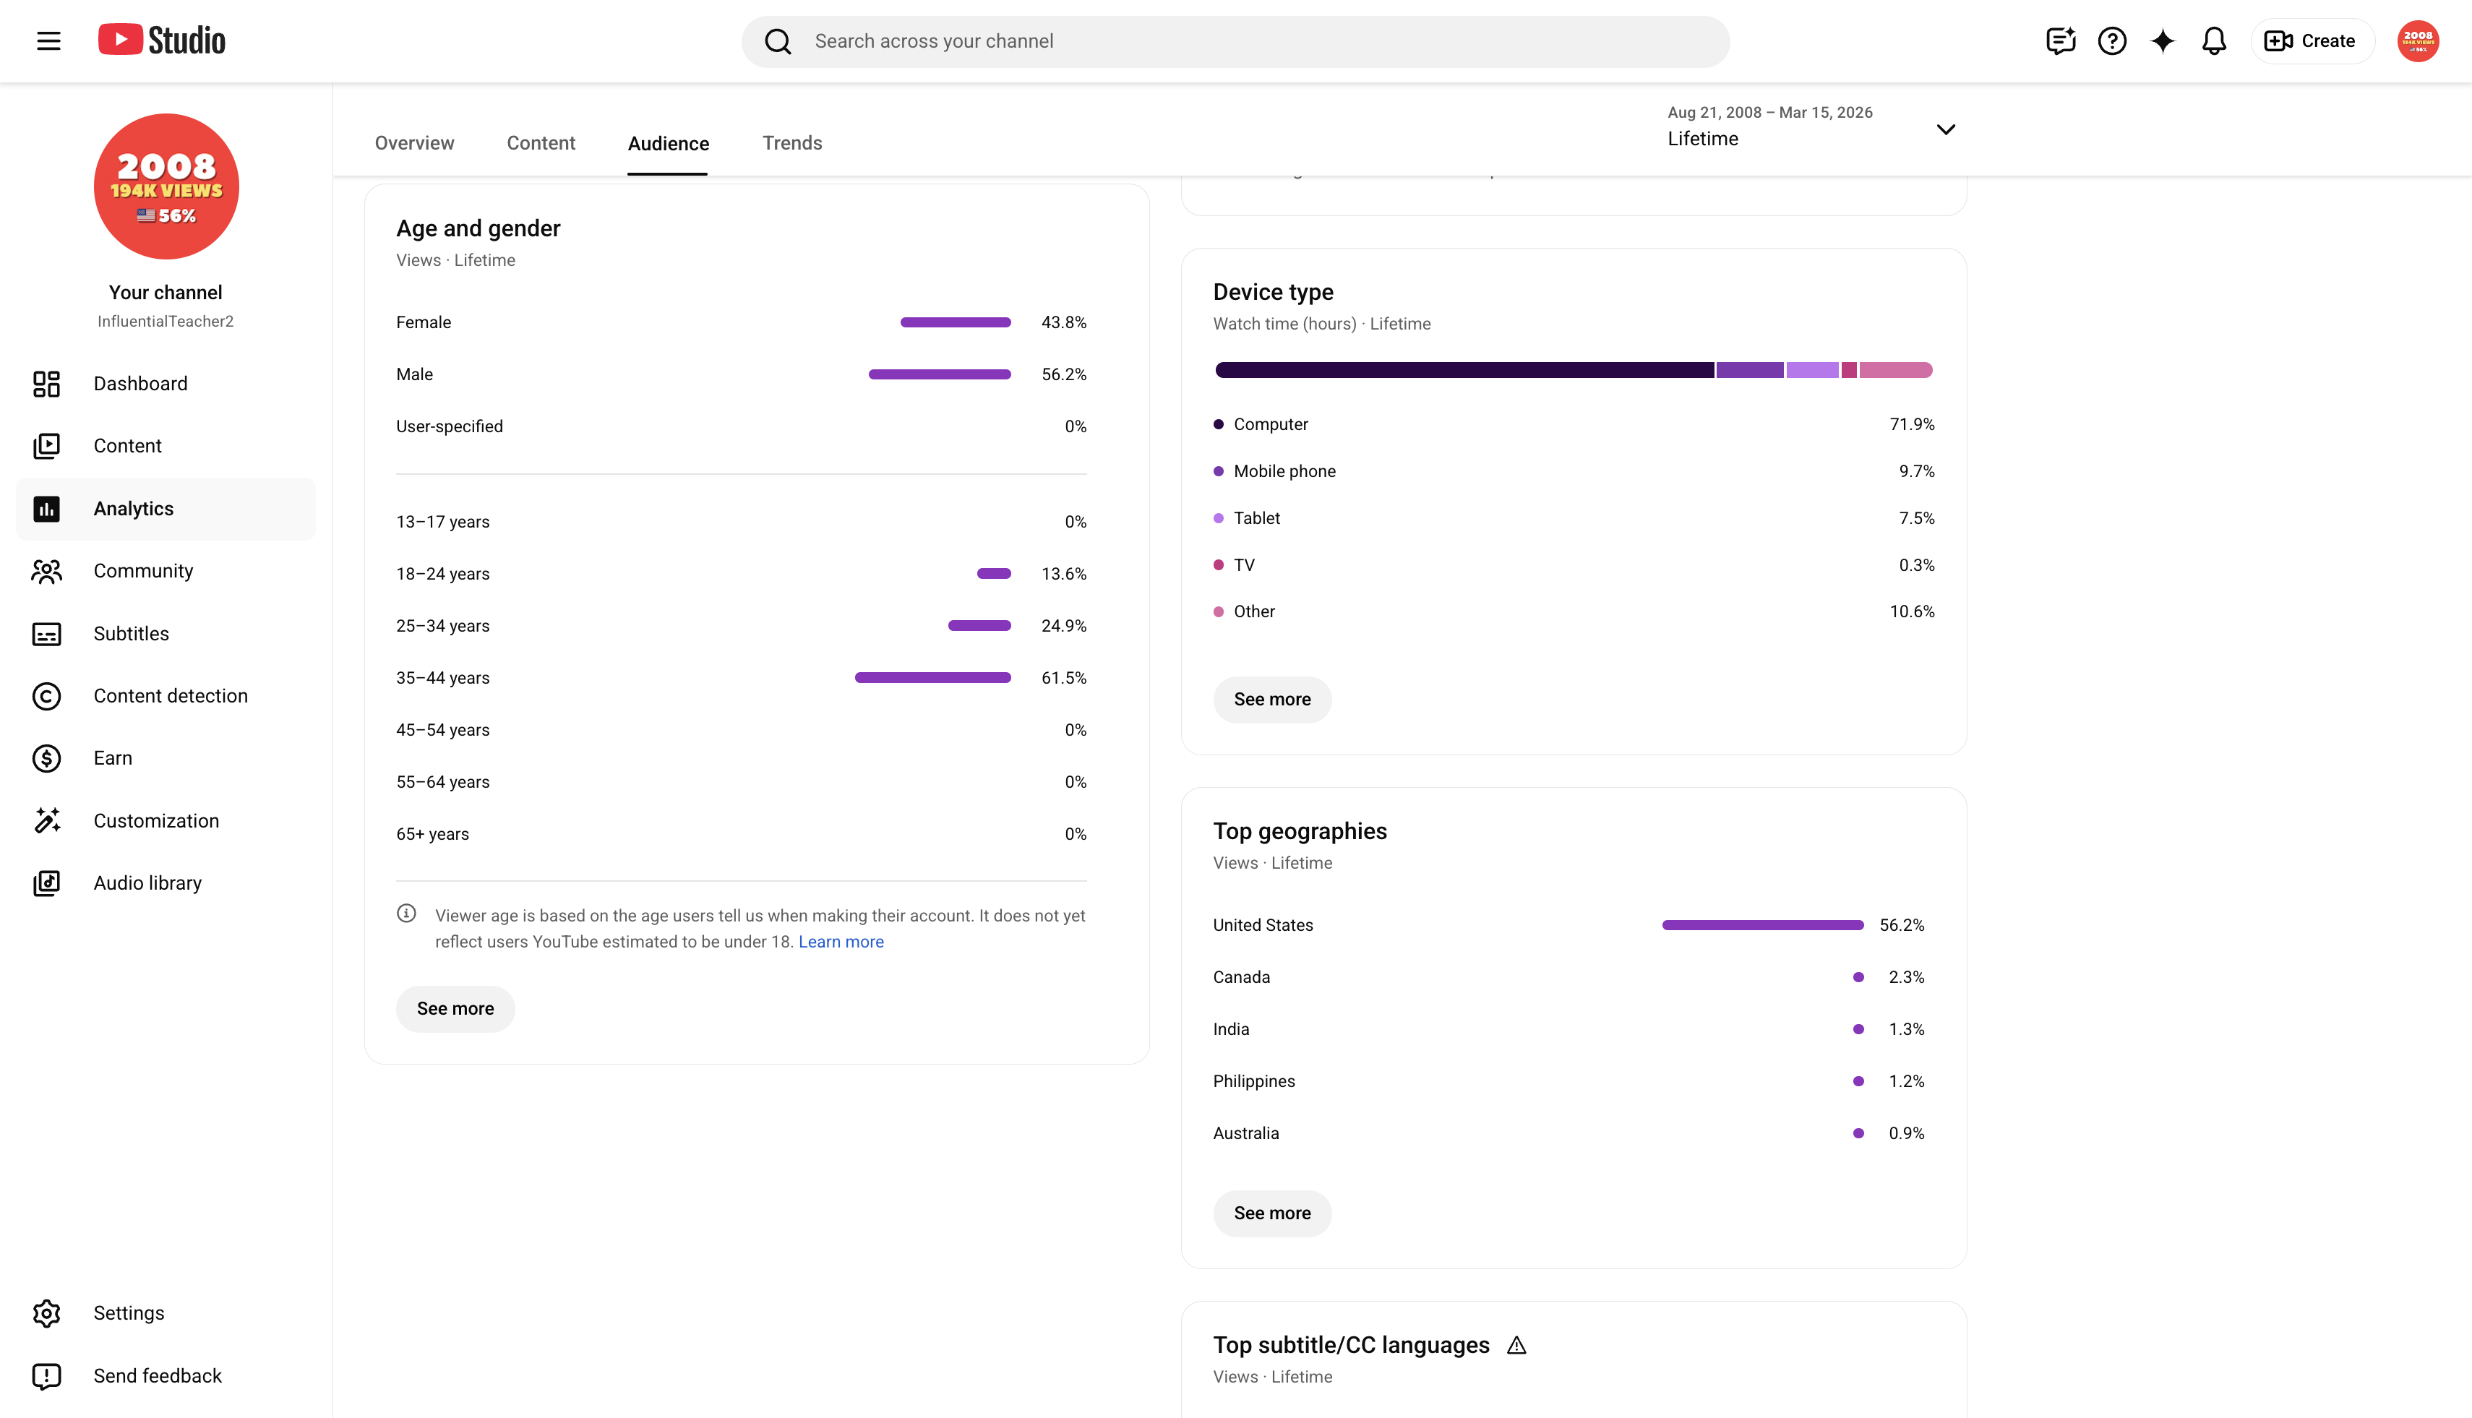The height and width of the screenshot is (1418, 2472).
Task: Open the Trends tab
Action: [792, 143]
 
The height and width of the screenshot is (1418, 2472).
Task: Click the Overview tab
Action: [414, 143]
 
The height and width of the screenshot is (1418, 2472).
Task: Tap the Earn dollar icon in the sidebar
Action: [47, 759]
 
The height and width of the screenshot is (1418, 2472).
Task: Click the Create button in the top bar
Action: [2312, 41]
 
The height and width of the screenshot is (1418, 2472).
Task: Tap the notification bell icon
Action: [2214, 41]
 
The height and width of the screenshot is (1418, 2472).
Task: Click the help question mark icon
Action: [2111, 41]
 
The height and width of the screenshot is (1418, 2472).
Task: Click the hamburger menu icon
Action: [48, 41]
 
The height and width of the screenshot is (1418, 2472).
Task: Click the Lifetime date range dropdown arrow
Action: [1945, 129]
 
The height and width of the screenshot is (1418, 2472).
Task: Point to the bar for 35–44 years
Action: [932, 678]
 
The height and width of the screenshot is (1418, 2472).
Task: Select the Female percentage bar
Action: [956, 322]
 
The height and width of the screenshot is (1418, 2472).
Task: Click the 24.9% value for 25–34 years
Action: [1063, 626]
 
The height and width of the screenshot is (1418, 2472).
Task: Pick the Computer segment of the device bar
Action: [1464, 370]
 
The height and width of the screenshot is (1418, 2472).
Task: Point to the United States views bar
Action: [1763, 925]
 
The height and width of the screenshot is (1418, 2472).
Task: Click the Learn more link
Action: [841, 942]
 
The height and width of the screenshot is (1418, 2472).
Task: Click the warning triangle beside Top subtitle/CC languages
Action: [1516, 1345]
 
